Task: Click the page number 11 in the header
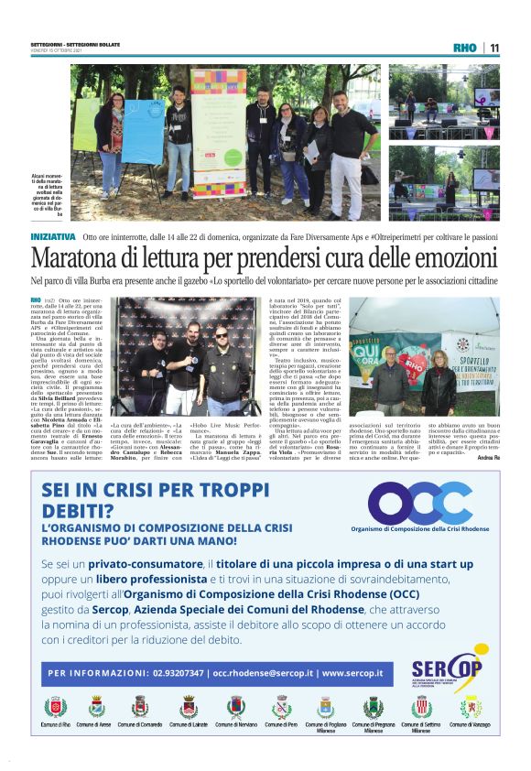494,48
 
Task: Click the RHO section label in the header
466,48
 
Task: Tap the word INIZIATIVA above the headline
53,236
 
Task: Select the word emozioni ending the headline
450,256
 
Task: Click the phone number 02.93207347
175,673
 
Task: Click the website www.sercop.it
352,673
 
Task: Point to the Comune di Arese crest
96,707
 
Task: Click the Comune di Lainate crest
189,707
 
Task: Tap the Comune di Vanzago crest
469,707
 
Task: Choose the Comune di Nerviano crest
235,707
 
